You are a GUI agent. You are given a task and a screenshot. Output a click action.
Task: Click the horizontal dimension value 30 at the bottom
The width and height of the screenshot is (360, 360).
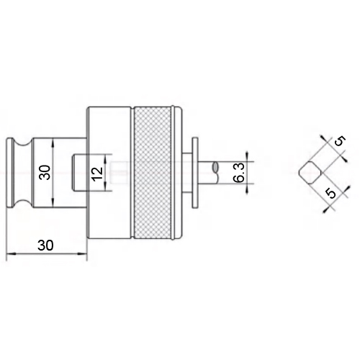(x=45, y=245)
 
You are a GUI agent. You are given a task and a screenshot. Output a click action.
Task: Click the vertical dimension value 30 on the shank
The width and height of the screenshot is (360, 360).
(x=45, y=172)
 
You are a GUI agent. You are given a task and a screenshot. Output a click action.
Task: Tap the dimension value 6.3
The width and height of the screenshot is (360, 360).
(x=239, y=173)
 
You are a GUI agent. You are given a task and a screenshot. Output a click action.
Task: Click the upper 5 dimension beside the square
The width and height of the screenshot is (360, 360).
(x=340, y=141)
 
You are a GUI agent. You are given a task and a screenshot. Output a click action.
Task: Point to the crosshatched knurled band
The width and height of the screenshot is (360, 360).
(x=153, y=173)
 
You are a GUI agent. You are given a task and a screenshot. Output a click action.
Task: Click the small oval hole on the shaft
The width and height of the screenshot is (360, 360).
(x=215, y=167)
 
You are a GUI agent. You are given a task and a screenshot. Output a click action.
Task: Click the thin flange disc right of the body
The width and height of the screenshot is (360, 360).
(x=195, y=173)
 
